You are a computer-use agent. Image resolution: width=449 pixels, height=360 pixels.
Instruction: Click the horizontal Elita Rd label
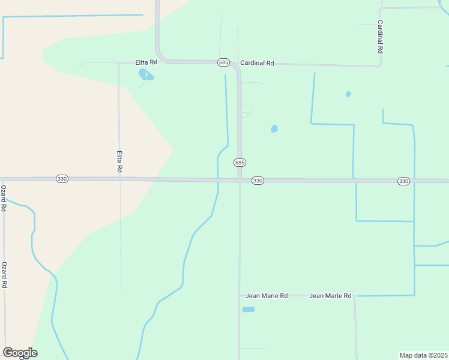(x=146, y=62)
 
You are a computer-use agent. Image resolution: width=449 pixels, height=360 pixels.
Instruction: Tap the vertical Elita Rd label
(x=119, y=161)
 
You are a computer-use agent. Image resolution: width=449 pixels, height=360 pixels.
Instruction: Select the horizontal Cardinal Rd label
(x=257, y=62)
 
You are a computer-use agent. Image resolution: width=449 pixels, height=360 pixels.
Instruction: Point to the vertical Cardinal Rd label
(x=380, y=37)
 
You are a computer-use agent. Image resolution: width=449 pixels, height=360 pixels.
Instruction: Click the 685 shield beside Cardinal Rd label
(x=223, y=62)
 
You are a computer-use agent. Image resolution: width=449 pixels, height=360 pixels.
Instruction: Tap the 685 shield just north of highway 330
(x=240, y=163)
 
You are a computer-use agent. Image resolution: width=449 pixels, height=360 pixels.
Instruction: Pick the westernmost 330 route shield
(x=62, y=179)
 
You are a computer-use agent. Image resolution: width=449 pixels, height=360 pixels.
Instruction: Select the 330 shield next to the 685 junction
(x=258, y=181)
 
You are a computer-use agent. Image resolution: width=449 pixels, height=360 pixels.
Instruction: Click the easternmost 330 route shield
(x=403, y=181)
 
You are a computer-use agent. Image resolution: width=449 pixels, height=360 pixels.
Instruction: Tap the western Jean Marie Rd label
(x=267, y=296)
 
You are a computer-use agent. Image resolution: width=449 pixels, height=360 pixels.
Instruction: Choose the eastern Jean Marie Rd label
(x=330, y=296)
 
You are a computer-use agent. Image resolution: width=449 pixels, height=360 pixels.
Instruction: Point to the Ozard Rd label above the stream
(x=4, y=198)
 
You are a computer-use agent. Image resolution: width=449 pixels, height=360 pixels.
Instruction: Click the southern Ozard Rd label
(x=4, y=275)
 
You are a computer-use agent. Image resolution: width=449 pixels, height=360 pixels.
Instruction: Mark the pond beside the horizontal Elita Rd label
(x=145, y=74)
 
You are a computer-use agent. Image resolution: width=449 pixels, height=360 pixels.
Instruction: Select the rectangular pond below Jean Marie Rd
(x=248, y=310)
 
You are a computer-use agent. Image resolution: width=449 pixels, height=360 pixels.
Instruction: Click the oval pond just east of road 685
(x=274, y=128)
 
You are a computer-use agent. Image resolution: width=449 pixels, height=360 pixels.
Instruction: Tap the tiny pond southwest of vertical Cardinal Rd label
(x=348, y=94)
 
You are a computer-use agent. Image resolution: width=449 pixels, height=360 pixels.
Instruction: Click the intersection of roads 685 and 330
(x=240, y=179)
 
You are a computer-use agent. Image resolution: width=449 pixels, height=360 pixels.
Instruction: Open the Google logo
(x=20, y=353)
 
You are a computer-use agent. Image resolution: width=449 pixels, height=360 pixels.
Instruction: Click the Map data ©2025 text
(x=423, y=355)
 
